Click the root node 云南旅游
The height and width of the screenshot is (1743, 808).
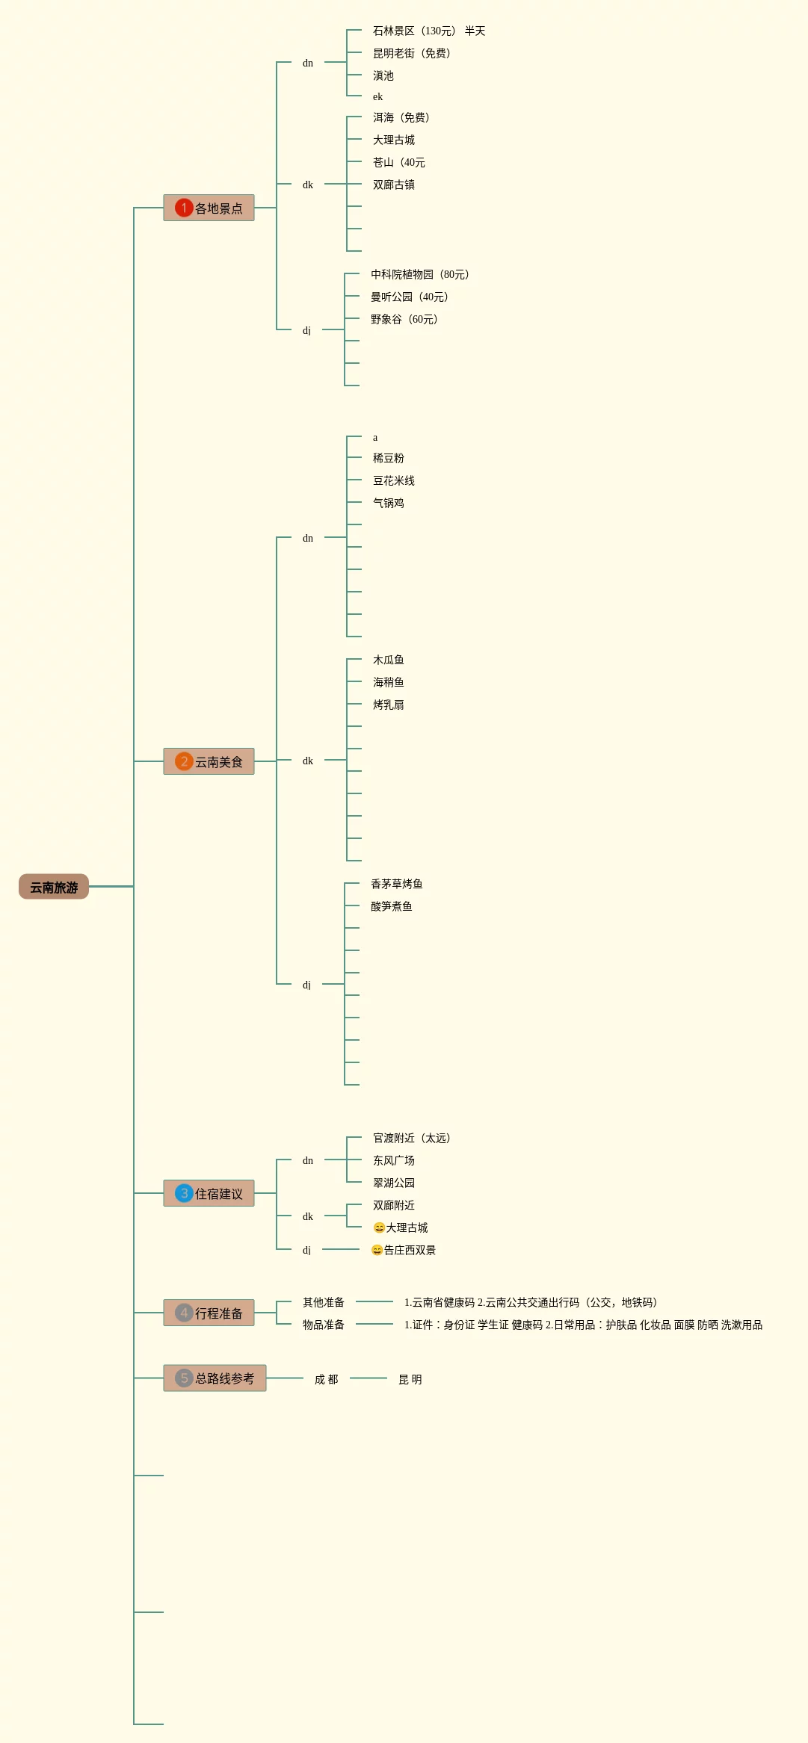(x=54, y=887)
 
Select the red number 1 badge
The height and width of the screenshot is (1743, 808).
(x=184, y=208)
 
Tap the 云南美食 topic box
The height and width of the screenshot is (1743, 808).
(x=209, y=761)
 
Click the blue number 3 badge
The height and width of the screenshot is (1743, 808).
(x=184, y=1193)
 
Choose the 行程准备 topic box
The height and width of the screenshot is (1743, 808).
(x=209, y=1313)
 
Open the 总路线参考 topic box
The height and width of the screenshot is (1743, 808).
(x=215, y=1378)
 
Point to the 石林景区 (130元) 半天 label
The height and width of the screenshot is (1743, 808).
(x=429, y=31)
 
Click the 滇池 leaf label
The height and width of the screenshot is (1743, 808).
(x=383, y=75)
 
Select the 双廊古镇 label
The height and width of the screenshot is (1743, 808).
(x=394, y=185)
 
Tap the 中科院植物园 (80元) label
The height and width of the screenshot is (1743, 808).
(x=420, y=274)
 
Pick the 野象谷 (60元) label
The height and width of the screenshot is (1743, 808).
(x=404, y=319)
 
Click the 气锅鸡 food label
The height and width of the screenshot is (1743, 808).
(x=389, y=503)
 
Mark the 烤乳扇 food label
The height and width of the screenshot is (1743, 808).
(x=389, y=705)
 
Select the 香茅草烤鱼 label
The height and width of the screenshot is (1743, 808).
(x=397, y=884)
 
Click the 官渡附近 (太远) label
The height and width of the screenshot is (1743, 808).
(x=412, y=1138)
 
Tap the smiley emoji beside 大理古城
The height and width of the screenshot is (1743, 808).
(x=379, y=1227)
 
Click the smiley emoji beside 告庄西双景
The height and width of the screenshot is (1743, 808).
(x=377, y=1250)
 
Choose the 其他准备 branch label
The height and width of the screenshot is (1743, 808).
(x=324, y=1302)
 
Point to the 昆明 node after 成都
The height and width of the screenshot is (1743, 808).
(x=410, y=1379)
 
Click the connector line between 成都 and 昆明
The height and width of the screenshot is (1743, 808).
(x=368, y=1378)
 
